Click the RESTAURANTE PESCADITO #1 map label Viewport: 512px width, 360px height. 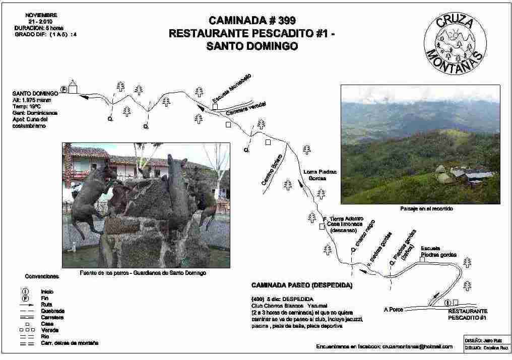pyautogui.click(x=467, y=315)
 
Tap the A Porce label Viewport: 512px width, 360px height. pyautogui.click(x=393, y=309)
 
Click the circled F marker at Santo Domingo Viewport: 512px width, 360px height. pyautogui.click(x=63, y=89)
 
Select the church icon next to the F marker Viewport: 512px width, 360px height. pyautogui.click(x=73, y=87)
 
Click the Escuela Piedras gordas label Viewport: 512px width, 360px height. pyautogui.click(x=438, y=251)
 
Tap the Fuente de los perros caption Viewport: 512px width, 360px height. pyautogui.click(x=143, y=272)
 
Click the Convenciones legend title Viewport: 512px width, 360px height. pyautogui.click(x=42, y=276)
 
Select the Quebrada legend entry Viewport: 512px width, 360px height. pyautogui.click(x=53, y=311)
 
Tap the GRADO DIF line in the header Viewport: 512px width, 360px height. pyautogui.click(x=45, y=34)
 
